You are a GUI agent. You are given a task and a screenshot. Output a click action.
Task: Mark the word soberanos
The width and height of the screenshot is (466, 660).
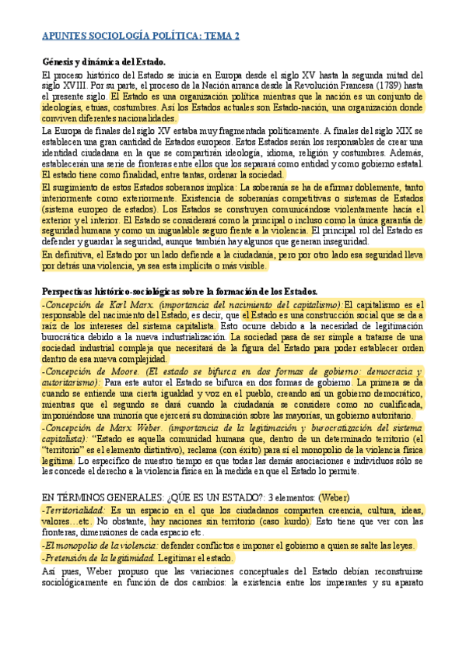(x=170, y=188)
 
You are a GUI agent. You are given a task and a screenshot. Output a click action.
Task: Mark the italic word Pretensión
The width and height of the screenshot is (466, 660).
(x=67, y=557)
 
